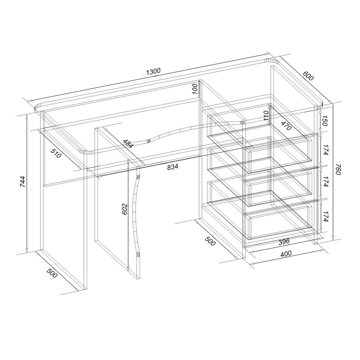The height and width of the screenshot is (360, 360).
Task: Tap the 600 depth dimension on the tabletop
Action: [x=308, y=76]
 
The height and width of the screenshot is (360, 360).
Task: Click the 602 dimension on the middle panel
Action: [x=124, y=209]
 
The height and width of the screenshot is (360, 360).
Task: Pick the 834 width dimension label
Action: [x=172, y=167]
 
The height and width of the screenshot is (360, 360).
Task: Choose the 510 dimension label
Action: [x=56, y=153]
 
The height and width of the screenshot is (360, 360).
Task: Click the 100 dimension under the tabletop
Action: [x=195, y=89]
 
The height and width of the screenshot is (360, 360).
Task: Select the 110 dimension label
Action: [x=266, y=116]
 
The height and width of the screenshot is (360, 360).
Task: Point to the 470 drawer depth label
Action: [x=286, y=125]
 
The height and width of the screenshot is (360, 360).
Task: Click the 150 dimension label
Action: [x=324, y=121]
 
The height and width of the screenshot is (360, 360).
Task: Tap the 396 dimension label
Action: [x=284, y=242]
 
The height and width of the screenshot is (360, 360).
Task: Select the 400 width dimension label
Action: [x=286, y=253]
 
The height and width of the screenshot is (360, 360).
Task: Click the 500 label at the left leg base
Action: [x=52, y=273]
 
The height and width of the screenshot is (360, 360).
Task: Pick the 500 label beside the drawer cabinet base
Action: [x=210, y=241]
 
